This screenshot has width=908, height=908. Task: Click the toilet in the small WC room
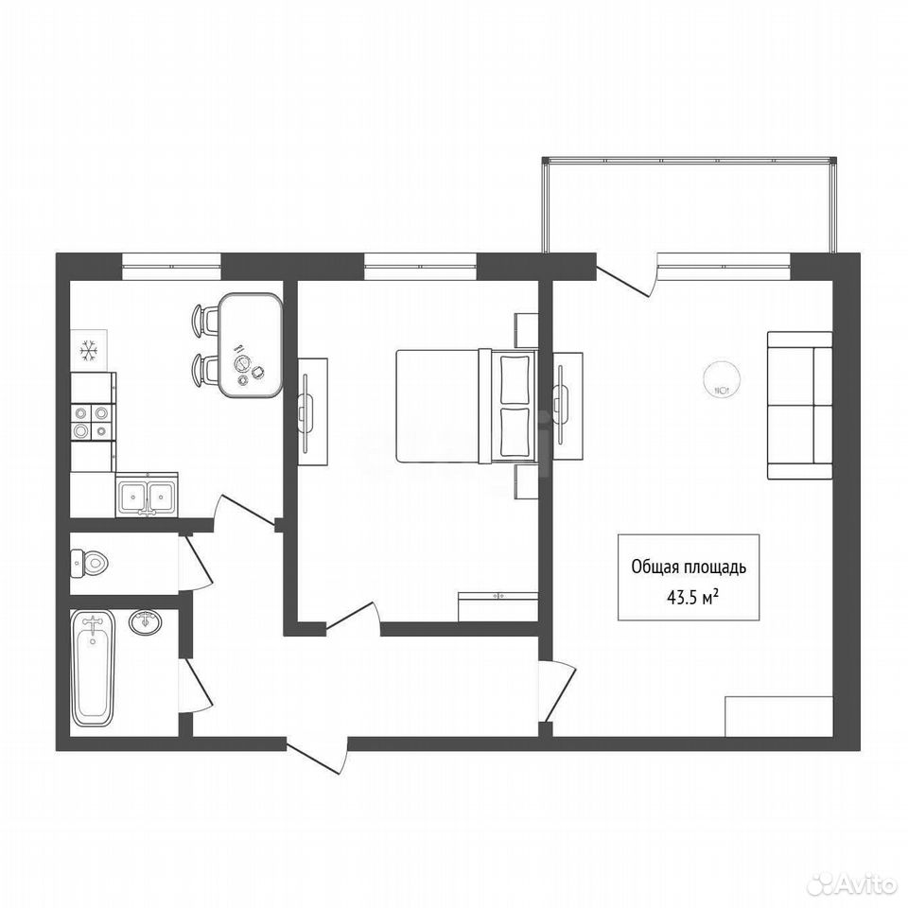(90, 562)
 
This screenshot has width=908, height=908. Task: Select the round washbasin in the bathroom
(146, 622)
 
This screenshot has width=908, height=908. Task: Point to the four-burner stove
(93, 422)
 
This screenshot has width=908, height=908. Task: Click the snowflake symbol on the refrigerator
(89, 351)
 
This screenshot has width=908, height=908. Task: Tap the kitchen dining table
(250, 346)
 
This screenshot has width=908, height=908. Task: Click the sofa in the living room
(800, 406)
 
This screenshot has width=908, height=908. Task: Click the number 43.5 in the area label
(681, 598)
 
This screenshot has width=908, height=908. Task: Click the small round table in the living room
(720, 377)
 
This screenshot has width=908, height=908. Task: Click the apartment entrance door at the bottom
(318, 756)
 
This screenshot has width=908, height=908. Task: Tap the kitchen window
(171, 267)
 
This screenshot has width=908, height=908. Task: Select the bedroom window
(420, 267)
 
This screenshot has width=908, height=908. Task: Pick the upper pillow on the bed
(515, 379)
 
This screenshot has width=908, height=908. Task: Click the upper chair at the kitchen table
(204, 320)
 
